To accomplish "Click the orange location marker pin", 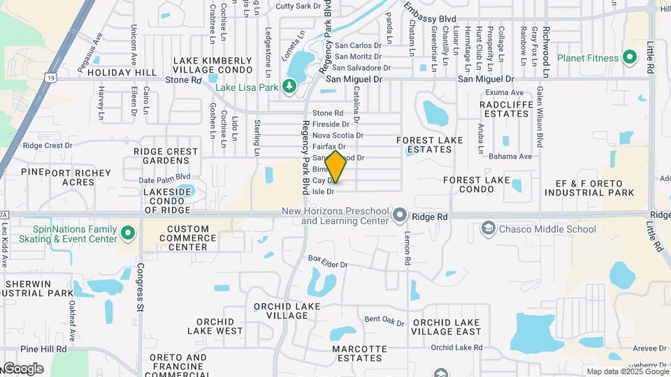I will (336, 166).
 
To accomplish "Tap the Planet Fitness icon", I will (629, 57).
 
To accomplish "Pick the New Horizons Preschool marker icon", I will (400, 214).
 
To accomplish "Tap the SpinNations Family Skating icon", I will (128, 232).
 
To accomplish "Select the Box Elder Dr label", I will (328, 260).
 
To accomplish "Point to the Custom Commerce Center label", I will (187, 237).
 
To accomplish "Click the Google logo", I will (22, 368).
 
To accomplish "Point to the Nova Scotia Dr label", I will (338, 135).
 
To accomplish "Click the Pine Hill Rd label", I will (43, 348).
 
